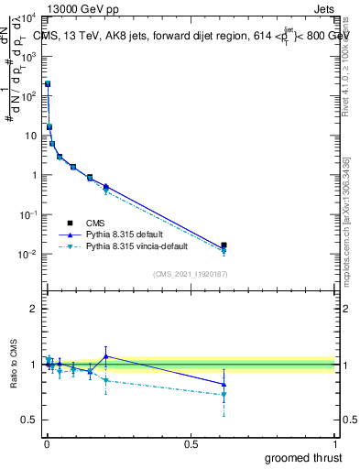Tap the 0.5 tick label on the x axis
click(191, 444)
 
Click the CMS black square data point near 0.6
click(224, 245)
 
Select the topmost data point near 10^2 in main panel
click(48, 83)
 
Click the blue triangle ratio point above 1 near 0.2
click(106, 356)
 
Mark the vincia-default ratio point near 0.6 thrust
click(224, 395)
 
